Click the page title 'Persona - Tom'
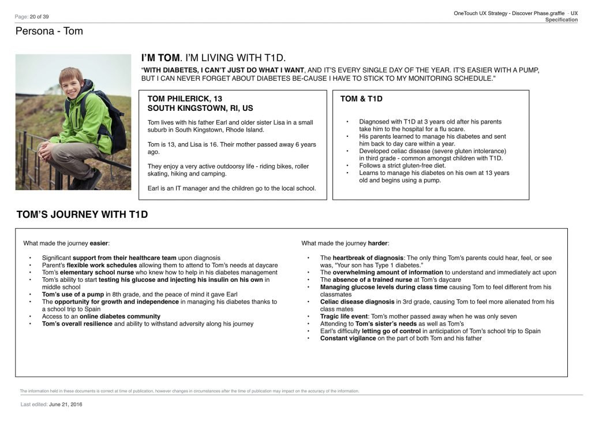tap(49, 31)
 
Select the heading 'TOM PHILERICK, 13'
tap(185, 99)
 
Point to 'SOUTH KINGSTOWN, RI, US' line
tap(200, 108)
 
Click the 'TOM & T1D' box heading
tap(361, 99)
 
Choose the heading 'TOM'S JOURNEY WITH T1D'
tap(82, 215)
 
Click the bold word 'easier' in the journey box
tap(99, 243)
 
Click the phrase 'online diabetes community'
tap(120, 316)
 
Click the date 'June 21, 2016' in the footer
tap(66, 404)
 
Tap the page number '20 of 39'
tap(40, 17)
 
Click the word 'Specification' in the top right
tap(561, 20)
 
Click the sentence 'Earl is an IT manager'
tap(180, 188)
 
